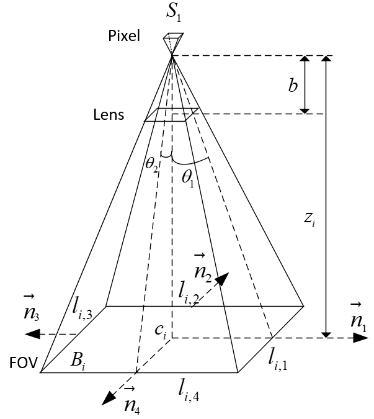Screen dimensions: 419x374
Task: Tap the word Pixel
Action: pos(125,36)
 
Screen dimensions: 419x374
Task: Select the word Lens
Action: pos(109,115)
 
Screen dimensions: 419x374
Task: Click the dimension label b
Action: pos(293,86)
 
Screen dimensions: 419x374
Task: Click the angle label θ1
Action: pos(187,176)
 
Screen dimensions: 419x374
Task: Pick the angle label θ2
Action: pos(152,163)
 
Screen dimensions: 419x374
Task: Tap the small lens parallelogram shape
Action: pos(171,115)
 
